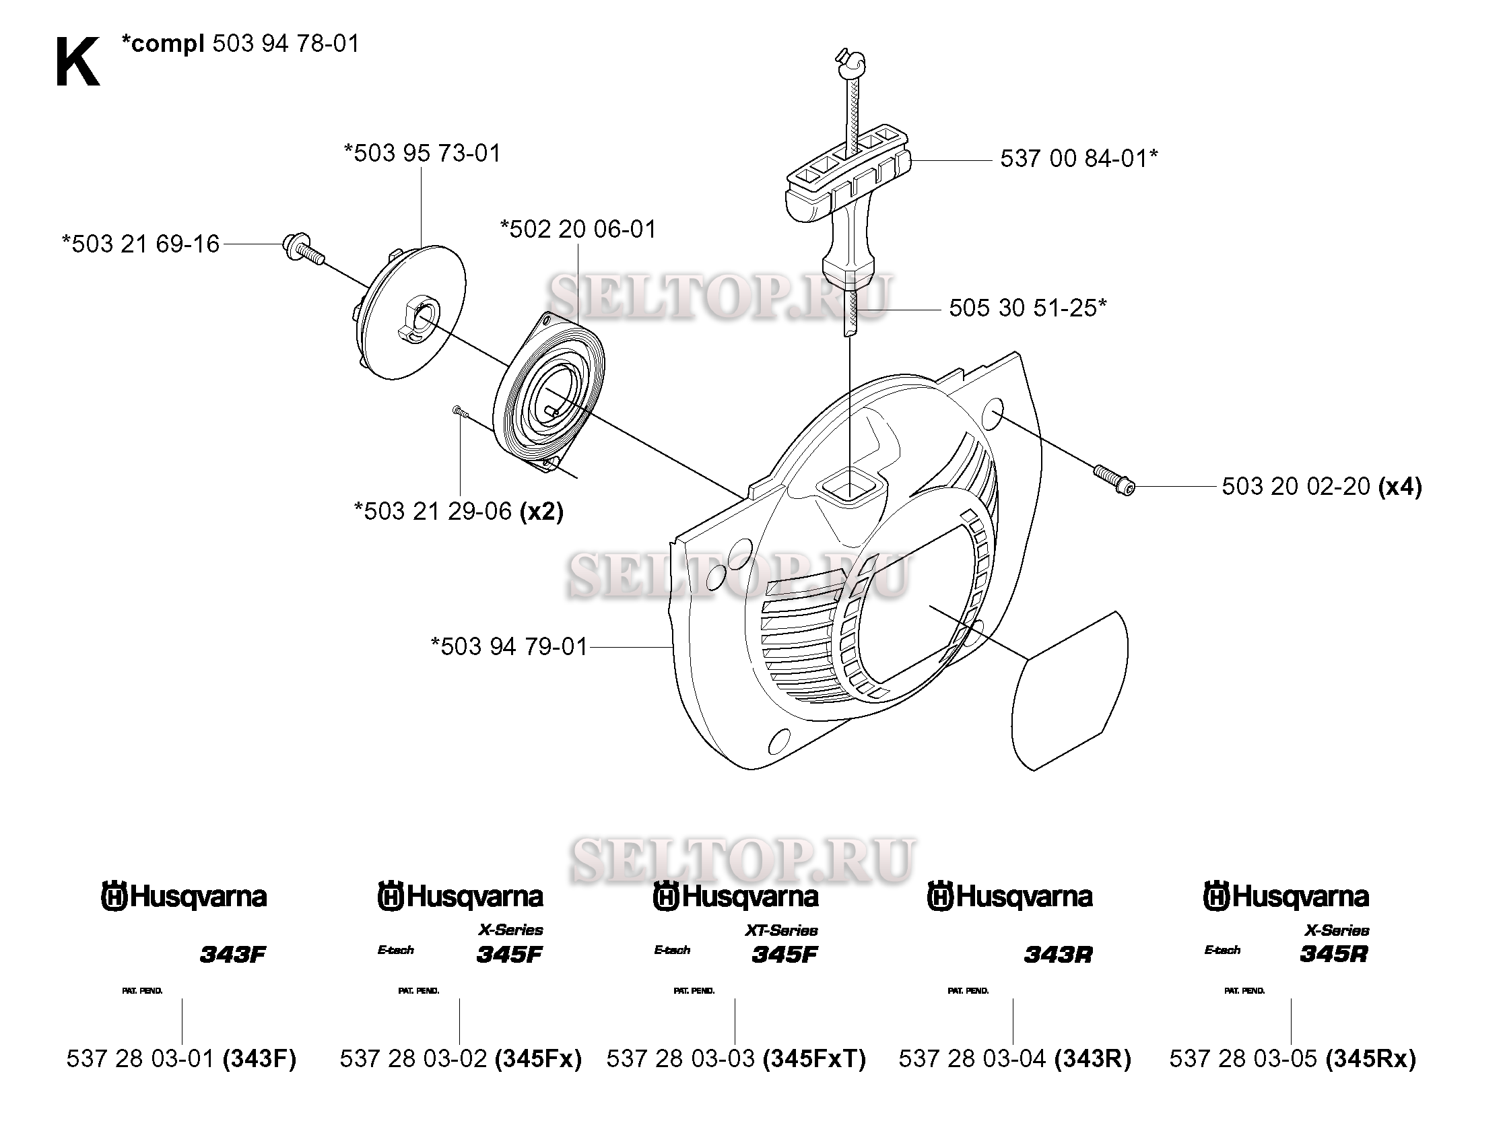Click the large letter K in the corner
[x=77, y=63]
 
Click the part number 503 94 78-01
[x=286, y=44]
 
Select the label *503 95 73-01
[x=422, y=153]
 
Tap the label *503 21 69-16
[x=141, y=244]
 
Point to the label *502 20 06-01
[x=578, y=229]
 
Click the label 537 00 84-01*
[x=1078, y=159]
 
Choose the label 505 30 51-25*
[x=1027, y=308]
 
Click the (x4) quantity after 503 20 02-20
[x=1399, y=486]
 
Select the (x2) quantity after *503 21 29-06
[x=541, y=511]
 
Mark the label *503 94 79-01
[x=509, y=646]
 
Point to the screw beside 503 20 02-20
[x=1114, y=479]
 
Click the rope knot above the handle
[x=850, y=63]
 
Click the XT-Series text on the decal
[x=781, y=930]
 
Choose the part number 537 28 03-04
[x=972, y=1058]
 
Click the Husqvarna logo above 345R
[x=1285, y=897]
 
